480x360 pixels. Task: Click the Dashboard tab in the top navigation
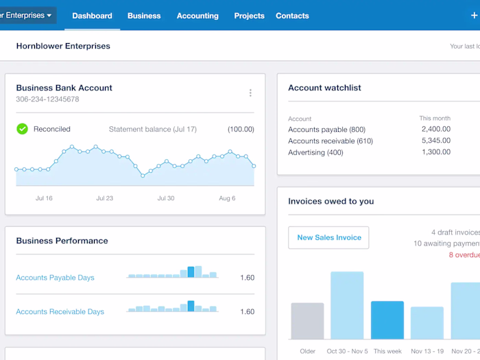(x=92, y=16)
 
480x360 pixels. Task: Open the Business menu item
(x=144, y=16)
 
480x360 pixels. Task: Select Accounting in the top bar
(x=197, y=16)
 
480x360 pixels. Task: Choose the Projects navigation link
(x=249, y=16)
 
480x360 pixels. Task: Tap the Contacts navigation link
(x=292, y=16)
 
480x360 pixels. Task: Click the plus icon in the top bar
(x=475, y=15)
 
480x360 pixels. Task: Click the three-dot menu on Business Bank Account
(x=250, y=93)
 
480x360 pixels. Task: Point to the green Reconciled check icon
(x=23, y=129)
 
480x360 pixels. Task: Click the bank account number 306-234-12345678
(x=47, y=99)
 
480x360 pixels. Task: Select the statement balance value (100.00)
(x=241, y=129)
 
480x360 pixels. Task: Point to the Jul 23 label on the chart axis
(x=105, y=198)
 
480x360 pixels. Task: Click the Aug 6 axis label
(x=226, y=198)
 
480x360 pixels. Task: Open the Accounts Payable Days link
(x=55, y=278)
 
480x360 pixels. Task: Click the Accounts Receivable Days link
(x=60, y=311)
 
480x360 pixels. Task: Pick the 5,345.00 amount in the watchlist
(x=435, y=141)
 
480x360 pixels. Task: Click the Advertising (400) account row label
(x=315, y=152)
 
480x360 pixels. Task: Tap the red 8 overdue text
(x=464, y=254)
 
